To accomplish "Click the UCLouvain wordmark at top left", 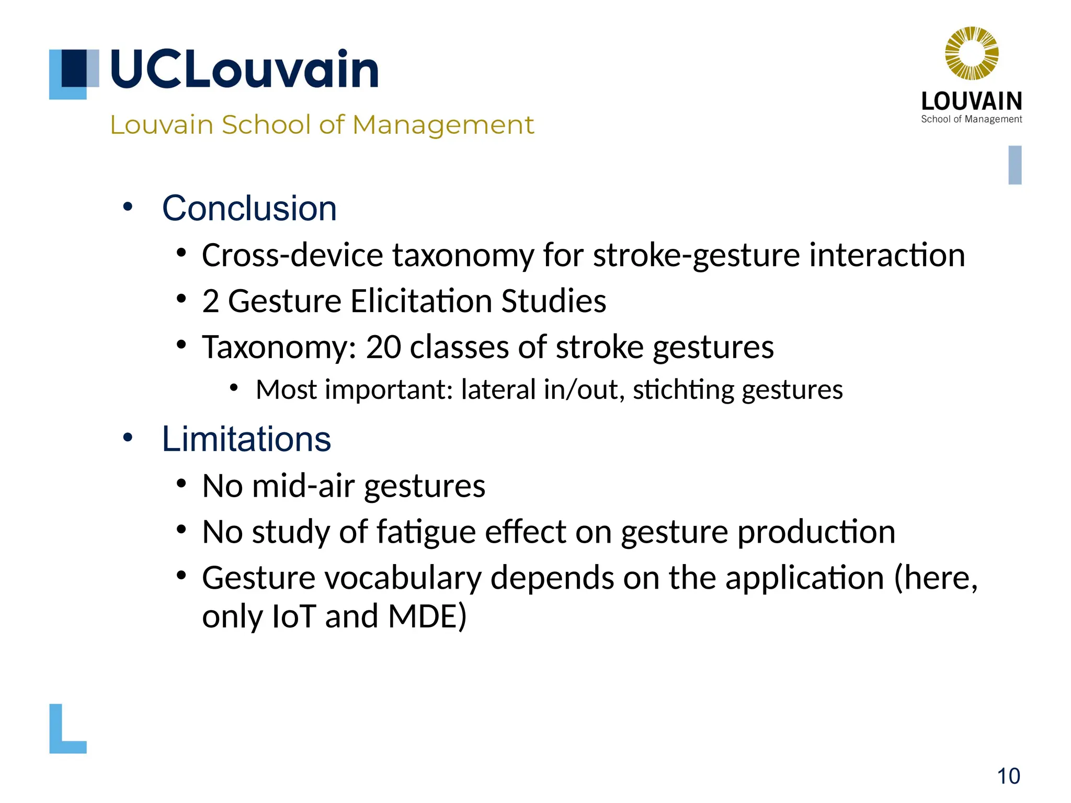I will pyautogui.click(x=244, y=69).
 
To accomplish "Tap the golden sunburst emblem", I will pyautogui.click(x=972, y=53).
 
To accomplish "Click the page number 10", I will pyautogui.click(x=1008, y=776).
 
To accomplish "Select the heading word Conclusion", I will pyautogui.click(x=249, y=208).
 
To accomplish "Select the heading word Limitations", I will pyautogui.click(x=246, y=439).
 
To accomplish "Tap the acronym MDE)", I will pyautogui.click(x=427, y=616).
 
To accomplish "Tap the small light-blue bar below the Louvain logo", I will pyautogui.click(x=1015, y=165).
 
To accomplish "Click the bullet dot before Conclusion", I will pyautogui.click(x=128, y=207).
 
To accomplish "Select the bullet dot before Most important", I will pyautogui.click(x=234, y=388).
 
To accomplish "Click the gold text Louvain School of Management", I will pyautogui.click(x=322, y=125).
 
